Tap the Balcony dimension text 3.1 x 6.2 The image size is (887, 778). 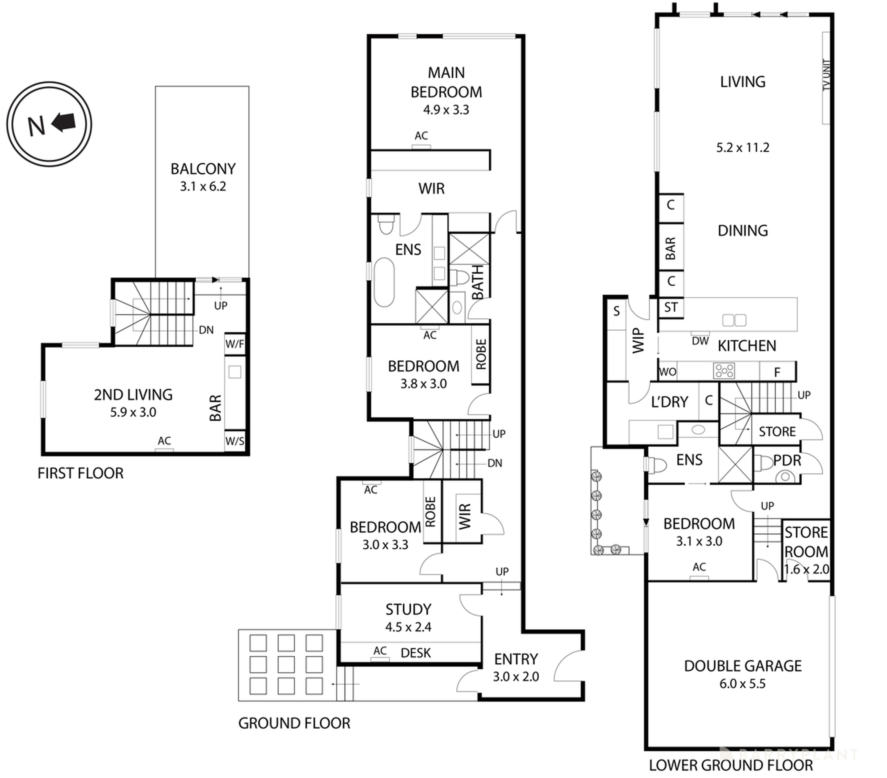[203, 187]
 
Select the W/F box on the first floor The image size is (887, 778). [235, 344]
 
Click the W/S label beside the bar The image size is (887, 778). [235, 441]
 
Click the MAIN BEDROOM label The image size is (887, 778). [446, 82]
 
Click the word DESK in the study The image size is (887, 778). [416, 653]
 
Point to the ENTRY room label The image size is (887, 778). [516, 659]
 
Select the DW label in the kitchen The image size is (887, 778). [700, 341]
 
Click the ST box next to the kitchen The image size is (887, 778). [671, 308]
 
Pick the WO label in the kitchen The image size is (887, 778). [667, 372]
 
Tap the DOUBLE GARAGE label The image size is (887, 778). [742, 666]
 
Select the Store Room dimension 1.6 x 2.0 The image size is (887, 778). [806, 569]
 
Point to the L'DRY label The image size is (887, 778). [670, 402]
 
